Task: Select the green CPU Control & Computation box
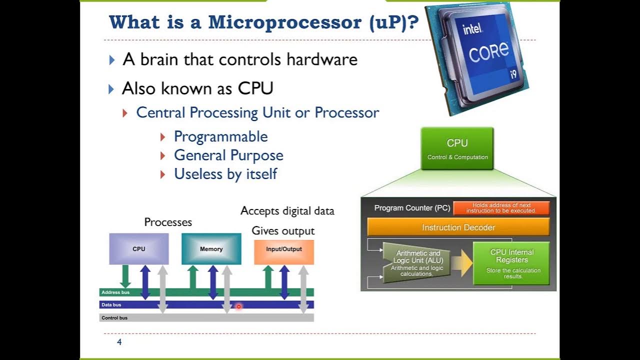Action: [x=457, y=148]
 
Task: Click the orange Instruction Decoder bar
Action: [x=458, y=227]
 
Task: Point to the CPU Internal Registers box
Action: [x=511, y=263]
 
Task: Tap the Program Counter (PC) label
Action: [x=412, y=208]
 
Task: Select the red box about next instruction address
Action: [x=501, y=208]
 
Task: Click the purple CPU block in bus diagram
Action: [x=139, y=249]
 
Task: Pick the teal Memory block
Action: [x=211, y=249]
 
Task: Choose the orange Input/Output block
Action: [x=283, y=249]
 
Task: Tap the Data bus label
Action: [x=111, y=305]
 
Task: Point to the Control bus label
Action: [x=114, y=318]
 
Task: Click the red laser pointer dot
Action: [x=238, y=306]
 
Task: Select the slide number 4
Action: [x=119, y=342]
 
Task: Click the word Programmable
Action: [x=220, y=136]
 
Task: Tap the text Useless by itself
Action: [x=225, y=174]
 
